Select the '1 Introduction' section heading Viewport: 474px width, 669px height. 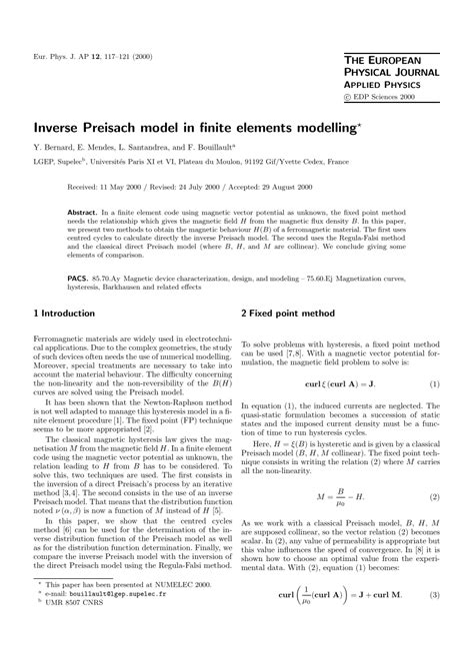(68, 312)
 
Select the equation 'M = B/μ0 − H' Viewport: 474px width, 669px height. (339, 495)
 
